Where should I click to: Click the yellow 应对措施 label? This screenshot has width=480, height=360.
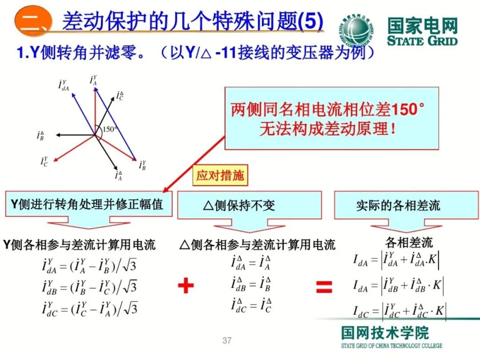(220, 176)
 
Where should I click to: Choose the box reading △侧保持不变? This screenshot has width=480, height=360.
(249, 205)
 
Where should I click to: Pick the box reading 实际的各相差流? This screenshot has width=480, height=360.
(398, 205)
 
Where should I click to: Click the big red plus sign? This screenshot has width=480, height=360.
(186, 285)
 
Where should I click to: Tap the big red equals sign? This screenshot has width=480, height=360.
(324, 287)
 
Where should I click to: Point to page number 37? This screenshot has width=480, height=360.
(227, 341)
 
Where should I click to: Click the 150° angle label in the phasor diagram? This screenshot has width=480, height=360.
(110, 130)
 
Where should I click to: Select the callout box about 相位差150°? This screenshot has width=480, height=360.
(331, 118)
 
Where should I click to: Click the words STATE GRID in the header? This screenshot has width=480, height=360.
(422, 40)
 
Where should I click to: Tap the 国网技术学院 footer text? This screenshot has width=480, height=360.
(385, 333)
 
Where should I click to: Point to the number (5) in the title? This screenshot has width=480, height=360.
(312, 21)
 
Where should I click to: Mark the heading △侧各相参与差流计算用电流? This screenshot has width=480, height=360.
(257, 245)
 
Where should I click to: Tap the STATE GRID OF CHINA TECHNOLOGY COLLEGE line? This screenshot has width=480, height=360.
(392, 346)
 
